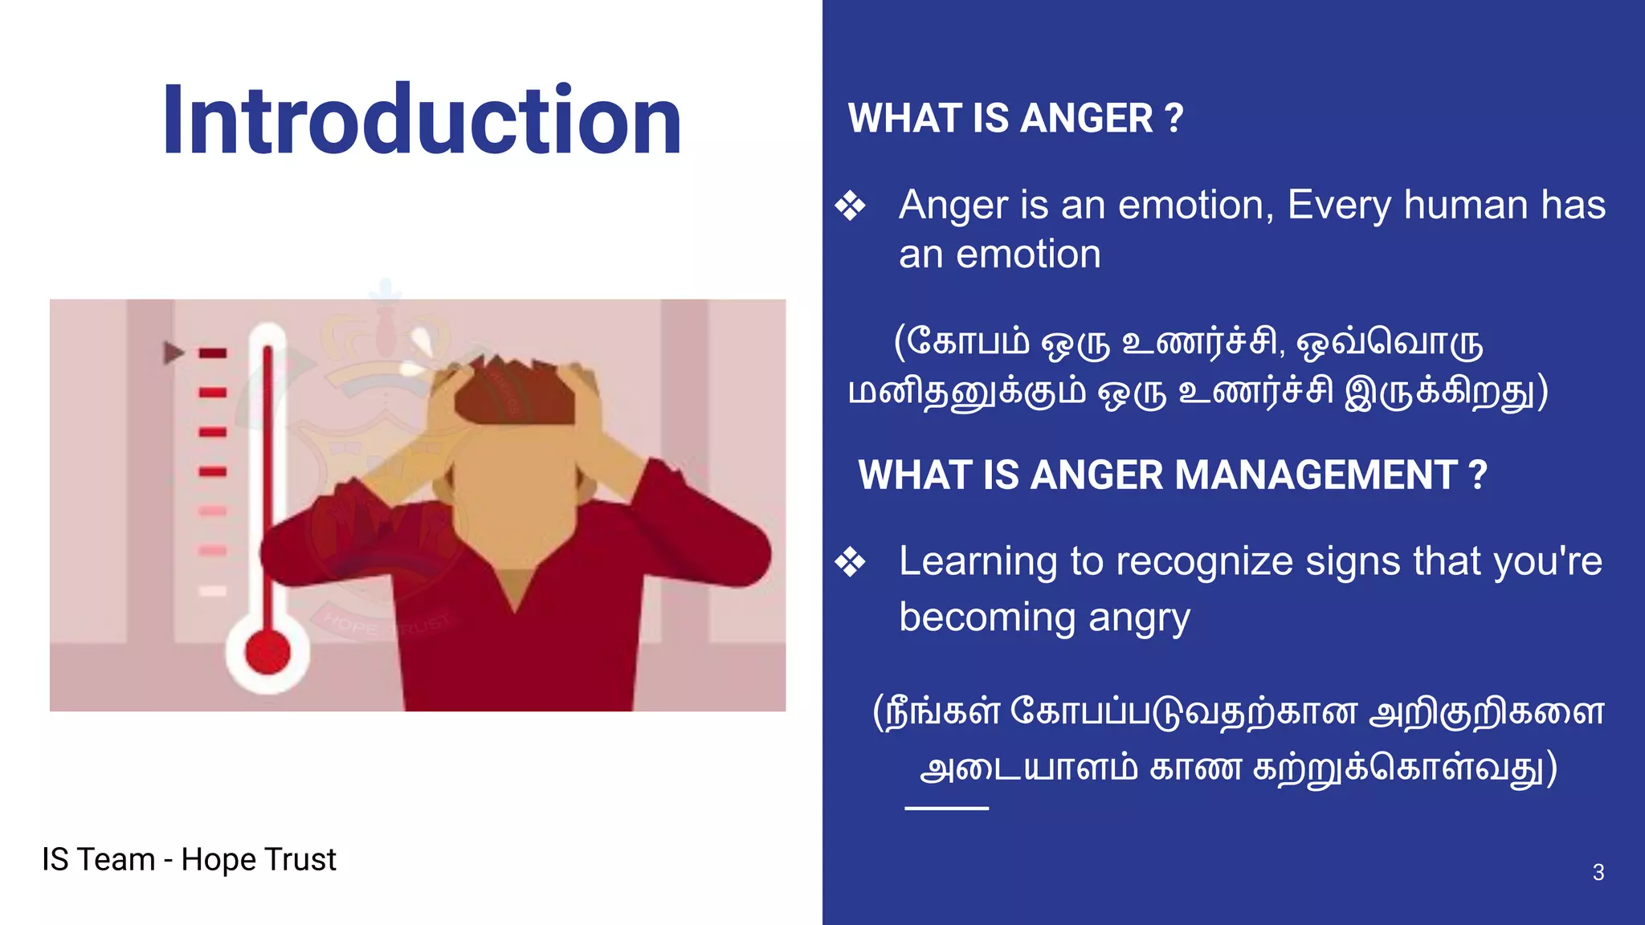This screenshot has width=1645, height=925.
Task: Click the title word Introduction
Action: tap(422, 120)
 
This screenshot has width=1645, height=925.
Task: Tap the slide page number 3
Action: tap(1598, 873)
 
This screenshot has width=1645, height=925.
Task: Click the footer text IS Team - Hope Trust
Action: tap(189, 860)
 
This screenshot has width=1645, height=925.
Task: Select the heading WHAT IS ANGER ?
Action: tap(1015, 119)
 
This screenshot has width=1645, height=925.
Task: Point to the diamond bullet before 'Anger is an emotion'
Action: tap(850, 206)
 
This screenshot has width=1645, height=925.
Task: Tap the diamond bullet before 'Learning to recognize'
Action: tap(850, 562)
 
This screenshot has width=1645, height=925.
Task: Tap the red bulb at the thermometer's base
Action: tap(267, 652)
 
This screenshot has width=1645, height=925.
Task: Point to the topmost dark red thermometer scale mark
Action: tap(213, 353)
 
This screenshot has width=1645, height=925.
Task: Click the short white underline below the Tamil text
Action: tap(946, 808)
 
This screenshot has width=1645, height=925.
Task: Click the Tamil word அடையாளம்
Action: tap(1028, 769)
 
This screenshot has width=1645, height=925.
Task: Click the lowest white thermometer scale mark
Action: tap(213, 591)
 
